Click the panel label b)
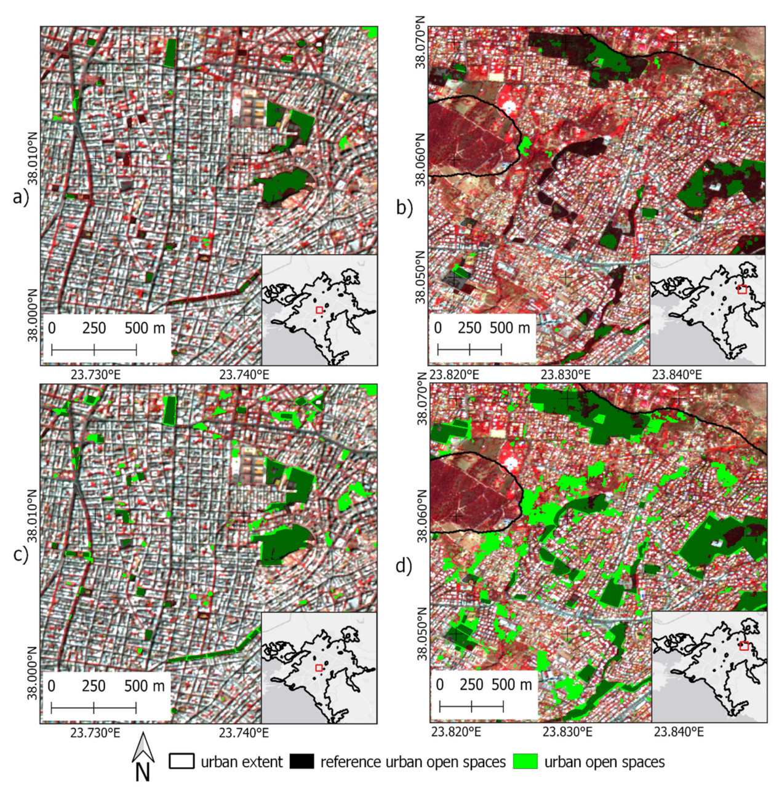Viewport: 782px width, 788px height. pyautogui.click(x=404, y=208)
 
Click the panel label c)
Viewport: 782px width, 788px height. pyautogui.click(x=20, y=554)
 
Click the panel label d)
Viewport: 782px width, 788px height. pyautogui.click(x=404, y=565)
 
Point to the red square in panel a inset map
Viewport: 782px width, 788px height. pyautogui.click(x=319, y=310)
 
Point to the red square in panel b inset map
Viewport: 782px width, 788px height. pyautogui.click(x=742, y=290)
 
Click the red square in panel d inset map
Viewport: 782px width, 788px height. pyautogui.click(x=744, y=646)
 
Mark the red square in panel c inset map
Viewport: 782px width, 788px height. pyautogui.click(x=319, y=668)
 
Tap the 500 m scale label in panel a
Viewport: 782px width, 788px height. pyautogui.click(x=145, y=328)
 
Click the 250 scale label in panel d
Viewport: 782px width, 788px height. pyautogui.click(x=471, y=685)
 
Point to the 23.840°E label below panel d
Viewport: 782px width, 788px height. pyautogui.click(x=678, y=731)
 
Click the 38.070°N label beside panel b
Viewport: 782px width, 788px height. pyautogui.click(x=421, y=42)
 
